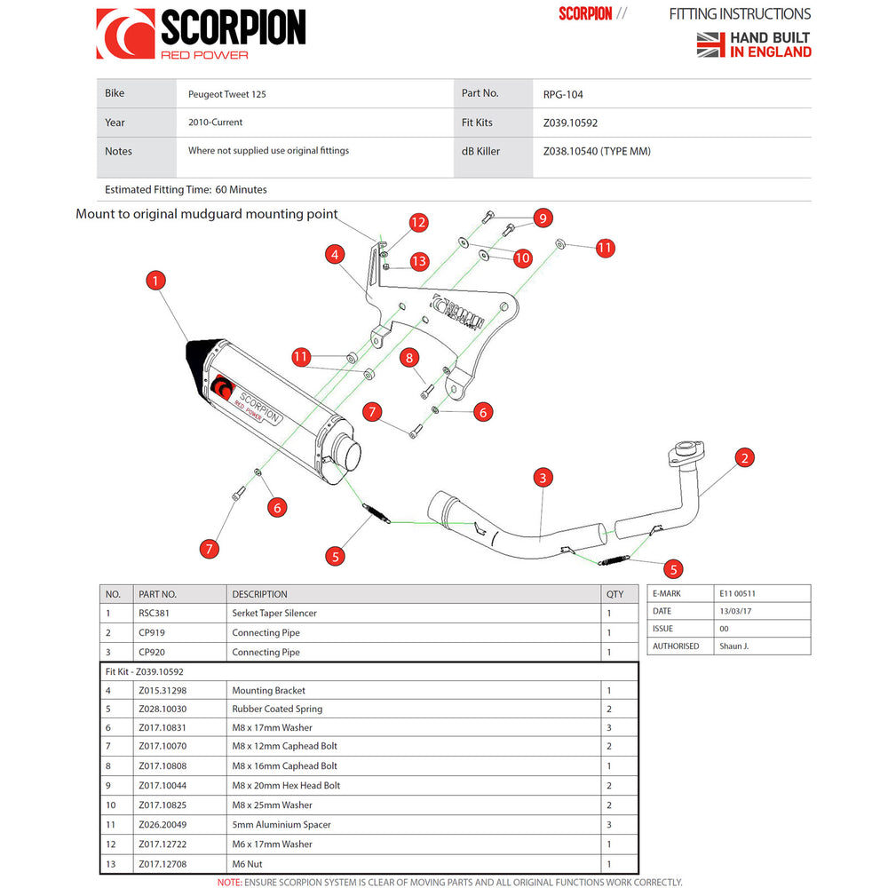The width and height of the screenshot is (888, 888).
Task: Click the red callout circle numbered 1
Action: click(x=155, y=281)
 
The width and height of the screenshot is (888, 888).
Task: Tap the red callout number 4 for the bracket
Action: click(x=334, y=255)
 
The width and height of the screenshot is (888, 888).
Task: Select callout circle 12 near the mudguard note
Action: click(x=418, y=222)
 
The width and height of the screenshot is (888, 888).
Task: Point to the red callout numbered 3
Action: click(x=543, y=479)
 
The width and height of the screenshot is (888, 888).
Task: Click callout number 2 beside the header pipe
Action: click(x=745, y=458)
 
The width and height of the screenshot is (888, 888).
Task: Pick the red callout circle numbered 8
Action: click(x=408, y=358)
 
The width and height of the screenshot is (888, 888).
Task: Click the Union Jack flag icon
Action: click(x=711, y=44)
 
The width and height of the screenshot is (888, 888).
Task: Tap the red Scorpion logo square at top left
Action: click(x=124, y=34)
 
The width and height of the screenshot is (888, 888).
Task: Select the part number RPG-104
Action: click(x=563, y=94)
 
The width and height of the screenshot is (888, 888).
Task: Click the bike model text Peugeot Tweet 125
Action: click(x=226, y=94)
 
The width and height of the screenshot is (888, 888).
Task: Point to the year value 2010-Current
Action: click(x=215, y=123)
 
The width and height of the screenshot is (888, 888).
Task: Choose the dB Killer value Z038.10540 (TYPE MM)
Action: click(x=597, y=151)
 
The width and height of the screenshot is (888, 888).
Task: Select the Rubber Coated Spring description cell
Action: click(x=277, y=709)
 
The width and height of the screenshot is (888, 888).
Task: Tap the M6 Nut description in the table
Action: click(x=247, y=863)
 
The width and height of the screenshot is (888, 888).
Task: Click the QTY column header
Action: click(x=614, y=594)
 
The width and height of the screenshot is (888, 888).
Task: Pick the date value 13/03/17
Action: click(x=736, y=611)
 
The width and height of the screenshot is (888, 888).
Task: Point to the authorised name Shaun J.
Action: click(x=733, y=646)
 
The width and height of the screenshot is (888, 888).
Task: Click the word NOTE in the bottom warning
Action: click(x=229, y=882)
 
